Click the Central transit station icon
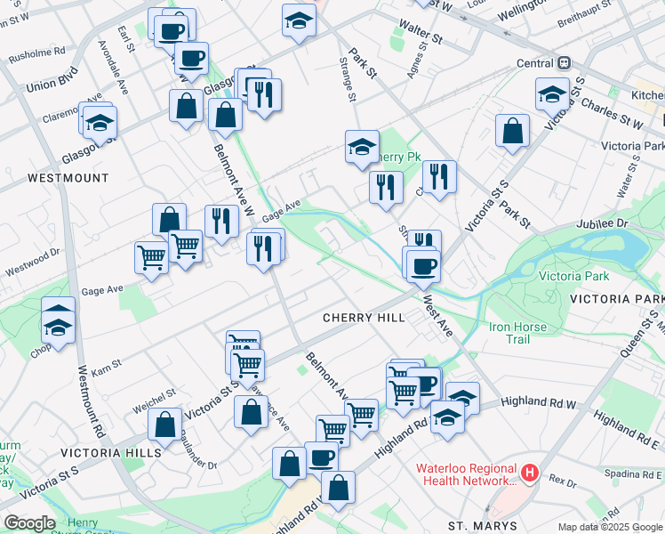coord(563,63)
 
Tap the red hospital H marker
coord(530,472)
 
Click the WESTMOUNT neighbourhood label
coord(68,178)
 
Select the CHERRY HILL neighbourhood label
coord(364,318)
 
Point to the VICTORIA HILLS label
coord(110,452)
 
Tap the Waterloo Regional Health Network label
coord(466,474)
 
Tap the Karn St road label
coord(106,366)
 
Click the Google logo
coord(29,523)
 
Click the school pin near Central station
coord(552,93)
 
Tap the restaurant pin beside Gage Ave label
coord(221,221)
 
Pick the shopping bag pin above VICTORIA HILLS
coord(165,425)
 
